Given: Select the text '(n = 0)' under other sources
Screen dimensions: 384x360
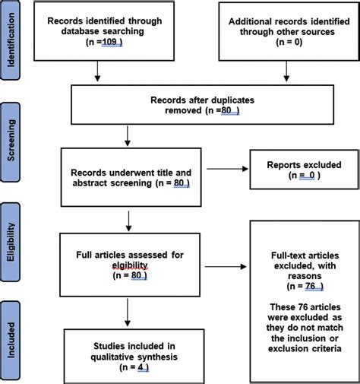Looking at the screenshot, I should tap(285, 43).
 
